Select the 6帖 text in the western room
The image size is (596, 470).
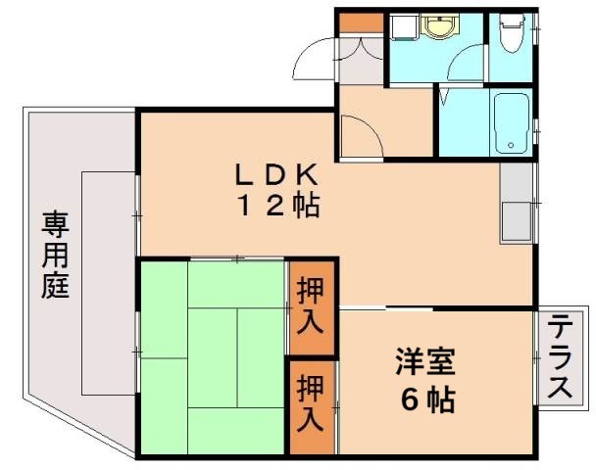pyautogui.click(x=425, y=399)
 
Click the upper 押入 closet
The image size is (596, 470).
pyautogui.click(x=311, y=305)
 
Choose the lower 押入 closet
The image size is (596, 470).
pyautogui.click(x=311, y=405)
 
